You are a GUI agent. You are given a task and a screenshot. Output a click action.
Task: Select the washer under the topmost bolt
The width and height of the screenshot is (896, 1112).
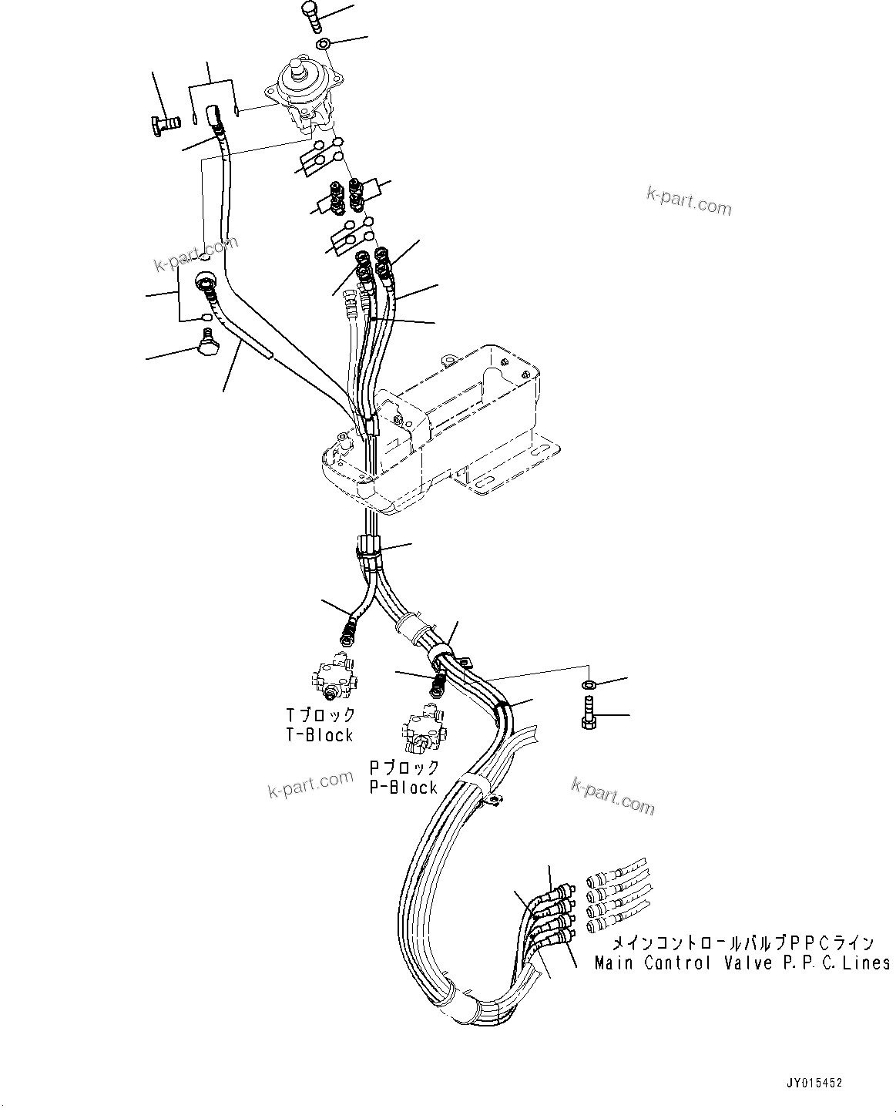point(324,43)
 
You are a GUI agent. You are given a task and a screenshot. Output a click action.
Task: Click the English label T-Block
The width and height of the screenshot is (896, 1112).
point(319,735)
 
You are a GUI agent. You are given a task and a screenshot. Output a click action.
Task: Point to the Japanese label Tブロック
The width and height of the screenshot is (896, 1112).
point(320,715)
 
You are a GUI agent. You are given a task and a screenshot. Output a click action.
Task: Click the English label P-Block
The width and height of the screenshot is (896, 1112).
point(403,788)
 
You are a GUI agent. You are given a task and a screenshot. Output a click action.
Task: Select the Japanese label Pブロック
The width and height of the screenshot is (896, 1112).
point(404,768)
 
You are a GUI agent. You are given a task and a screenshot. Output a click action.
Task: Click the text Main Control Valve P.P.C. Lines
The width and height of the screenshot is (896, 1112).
point(742,963)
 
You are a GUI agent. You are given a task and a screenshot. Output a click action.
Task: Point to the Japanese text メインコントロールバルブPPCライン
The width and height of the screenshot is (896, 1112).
point(743,942)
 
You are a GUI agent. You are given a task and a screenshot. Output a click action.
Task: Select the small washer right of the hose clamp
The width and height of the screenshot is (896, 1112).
point(589,684)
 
